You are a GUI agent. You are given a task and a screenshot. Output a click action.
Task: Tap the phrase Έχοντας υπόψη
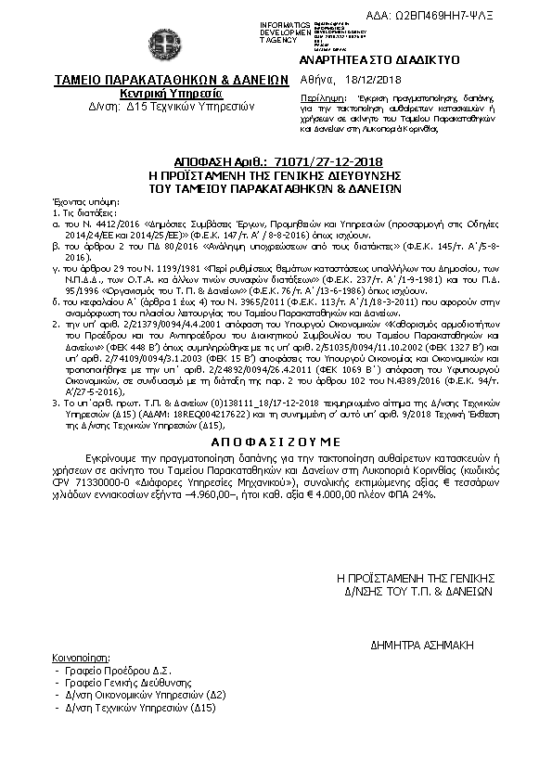pyautogui.click(x=78, y=200)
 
